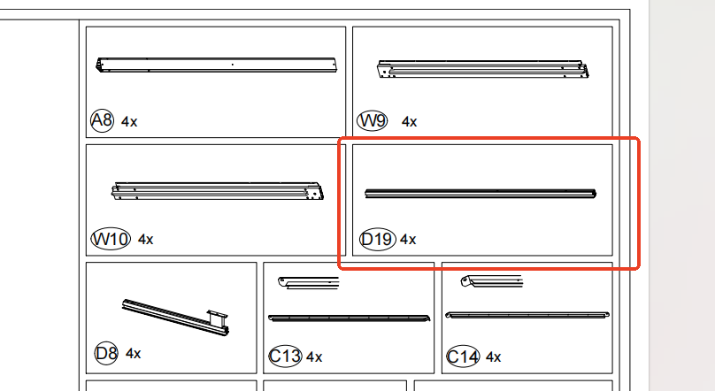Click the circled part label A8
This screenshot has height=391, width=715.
coord(103,120)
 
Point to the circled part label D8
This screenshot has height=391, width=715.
coord(106,354)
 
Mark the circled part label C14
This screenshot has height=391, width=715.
coord(464,356)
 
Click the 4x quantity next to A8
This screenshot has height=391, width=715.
coord(129,121)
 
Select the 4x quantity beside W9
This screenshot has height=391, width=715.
coord(409,121)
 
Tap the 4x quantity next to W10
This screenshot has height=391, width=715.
coord(146,239)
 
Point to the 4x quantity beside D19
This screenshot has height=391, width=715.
coord(408,239)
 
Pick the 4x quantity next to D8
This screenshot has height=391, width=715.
coord(134,354)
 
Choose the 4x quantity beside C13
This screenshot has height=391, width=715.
coord(314,357)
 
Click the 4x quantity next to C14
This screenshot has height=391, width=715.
coord(493,357)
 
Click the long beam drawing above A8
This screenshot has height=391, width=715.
coord(216,65)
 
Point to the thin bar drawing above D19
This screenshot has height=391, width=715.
coord(481,192)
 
